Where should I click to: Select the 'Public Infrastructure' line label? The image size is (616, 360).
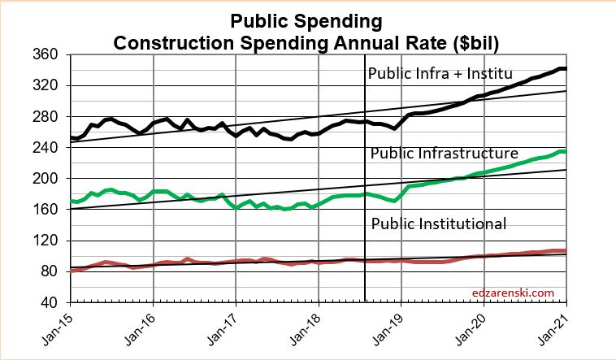tap(444, 153)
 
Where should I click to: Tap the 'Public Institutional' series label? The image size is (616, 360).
tap(438, 223)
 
